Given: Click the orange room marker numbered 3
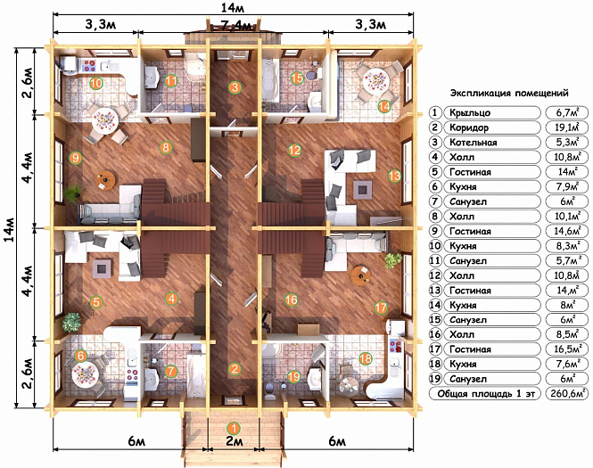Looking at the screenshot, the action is point(235,87).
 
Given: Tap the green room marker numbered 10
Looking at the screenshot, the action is point(96,83).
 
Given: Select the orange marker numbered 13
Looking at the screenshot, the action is point(394,176).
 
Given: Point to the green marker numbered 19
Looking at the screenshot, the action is point(294,376).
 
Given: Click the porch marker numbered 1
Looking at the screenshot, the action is point(235,428).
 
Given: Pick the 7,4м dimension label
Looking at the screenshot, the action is point(235,26).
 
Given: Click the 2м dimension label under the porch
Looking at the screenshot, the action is point(235,441).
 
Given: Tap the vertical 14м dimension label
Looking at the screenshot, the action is point(10,229).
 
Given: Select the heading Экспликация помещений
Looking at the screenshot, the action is point(509,93).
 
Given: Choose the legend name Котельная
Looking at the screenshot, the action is point(474,143).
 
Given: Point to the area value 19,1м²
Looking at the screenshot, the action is point(567,127).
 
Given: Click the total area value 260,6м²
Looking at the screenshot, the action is point(567,393).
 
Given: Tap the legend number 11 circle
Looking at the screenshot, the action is point(435,261).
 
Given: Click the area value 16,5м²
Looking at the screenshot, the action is point(567,349).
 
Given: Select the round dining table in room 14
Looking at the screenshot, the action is point(376,80).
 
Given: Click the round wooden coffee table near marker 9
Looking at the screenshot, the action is point(105,180).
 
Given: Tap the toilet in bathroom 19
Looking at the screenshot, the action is point(270,390).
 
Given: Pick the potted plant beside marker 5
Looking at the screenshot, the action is point(71,323).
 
